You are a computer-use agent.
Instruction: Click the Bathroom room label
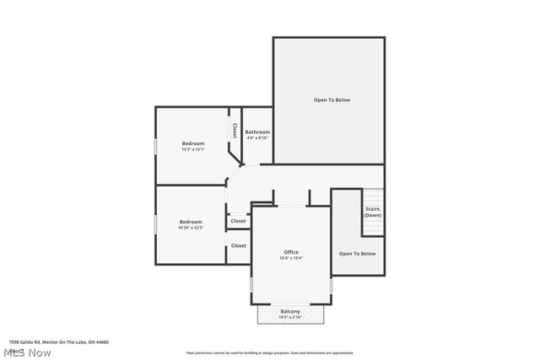point(257,132)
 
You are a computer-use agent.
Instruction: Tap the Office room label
point(291,252)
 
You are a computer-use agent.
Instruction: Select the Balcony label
point(291,311)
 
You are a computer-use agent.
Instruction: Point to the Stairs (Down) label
point(372,212)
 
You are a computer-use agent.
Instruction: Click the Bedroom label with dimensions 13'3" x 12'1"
point(192,143)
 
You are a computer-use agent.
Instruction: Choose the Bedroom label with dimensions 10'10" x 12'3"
point(190,222)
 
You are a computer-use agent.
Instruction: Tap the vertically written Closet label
point(235,131)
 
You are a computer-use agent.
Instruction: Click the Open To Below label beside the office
point(357,253)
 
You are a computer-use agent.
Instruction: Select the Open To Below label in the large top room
point(332,100)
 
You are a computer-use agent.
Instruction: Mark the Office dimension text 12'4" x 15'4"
point(291,258)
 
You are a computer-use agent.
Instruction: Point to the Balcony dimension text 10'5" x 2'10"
point(291,317)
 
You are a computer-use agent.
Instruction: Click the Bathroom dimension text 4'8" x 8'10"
point(257,138)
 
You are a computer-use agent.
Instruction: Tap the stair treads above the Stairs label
point(372,196)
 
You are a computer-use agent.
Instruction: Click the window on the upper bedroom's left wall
point(155,146)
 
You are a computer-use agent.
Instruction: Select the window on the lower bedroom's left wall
point(155,224)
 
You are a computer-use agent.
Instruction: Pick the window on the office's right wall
point(331,286)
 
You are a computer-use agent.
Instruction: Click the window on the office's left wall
point(251,286)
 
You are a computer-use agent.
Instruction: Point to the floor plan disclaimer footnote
point(270,353)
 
